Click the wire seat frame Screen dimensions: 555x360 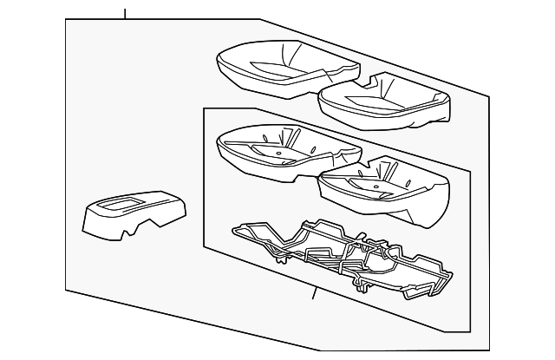(347, 256)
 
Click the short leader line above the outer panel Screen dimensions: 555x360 (125, 14)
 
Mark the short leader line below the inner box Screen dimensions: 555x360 (314, 295)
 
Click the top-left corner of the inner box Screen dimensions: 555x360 (204, 109)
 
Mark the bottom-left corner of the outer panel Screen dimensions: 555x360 (67, 289)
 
